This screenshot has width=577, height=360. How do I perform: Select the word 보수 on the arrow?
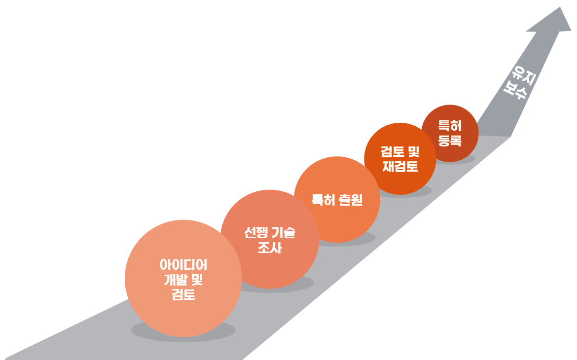click(513, 89)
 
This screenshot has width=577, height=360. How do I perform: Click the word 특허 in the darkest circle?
click(450, 126)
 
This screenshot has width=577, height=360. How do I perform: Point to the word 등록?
click(450, 140)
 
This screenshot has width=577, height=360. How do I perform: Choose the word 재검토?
click(400, 166)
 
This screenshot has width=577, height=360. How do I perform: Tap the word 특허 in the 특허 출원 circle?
click(324, 200)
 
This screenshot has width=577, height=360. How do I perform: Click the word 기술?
click(284, 233)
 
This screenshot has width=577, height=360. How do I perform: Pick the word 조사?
click(269, 248)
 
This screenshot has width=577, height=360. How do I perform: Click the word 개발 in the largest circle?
click(175, 280)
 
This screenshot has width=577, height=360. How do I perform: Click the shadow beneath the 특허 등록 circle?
click(466, 159)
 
